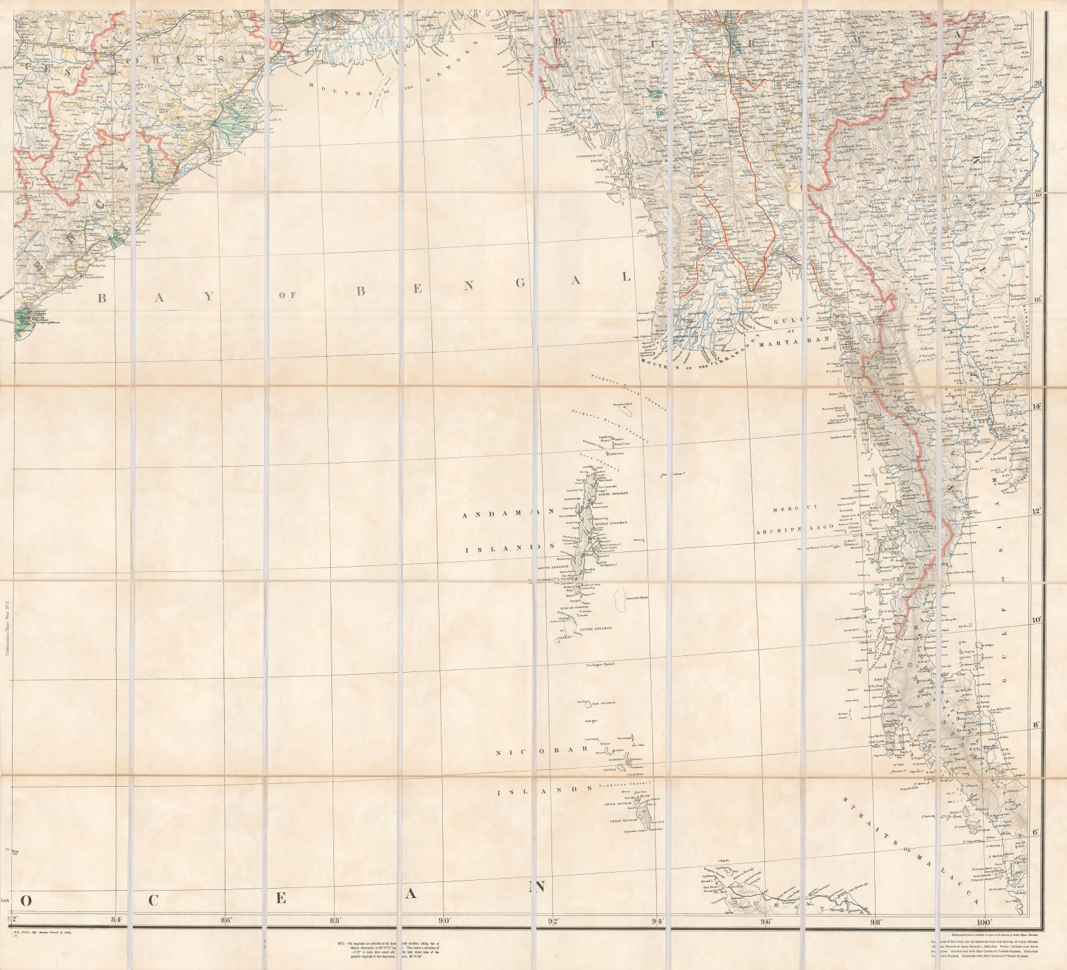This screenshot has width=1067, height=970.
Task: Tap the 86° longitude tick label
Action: point(225,922)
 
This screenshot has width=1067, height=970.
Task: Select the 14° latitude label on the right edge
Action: point(1036,405)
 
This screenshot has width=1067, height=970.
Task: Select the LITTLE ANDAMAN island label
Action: point(595,628)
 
